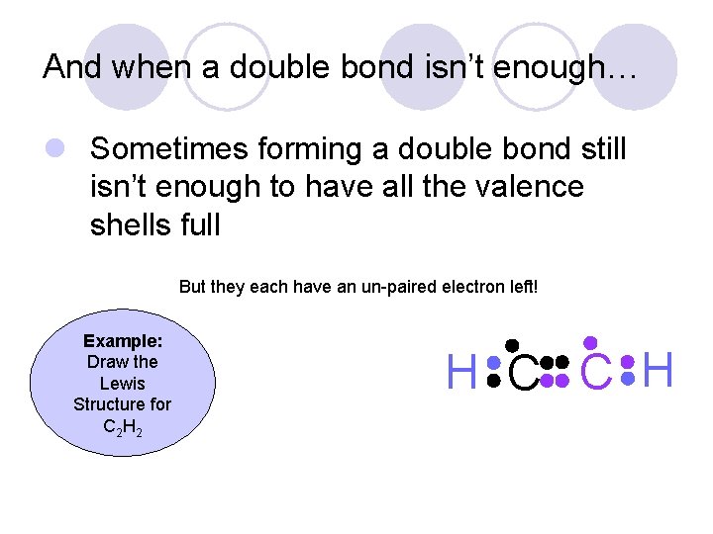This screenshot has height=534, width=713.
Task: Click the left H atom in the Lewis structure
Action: click(x=462, y=374)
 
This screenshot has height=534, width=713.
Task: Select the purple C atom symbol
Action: click(x=595, y=374)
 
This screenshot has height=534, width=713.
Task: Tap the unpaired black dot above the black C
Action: click(x=512, y=344)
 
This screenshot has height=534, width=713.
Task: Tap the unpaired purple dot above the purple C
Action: click(x=591, y=342)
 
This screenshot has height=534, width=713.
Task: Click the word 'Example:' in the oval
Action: click(x=123, y=340)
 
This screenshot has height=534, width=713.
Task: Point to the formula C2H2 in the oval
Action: click(x=122, y=426)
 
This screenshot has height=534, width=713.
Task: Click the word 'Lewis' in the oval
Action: click(x=123, y=383)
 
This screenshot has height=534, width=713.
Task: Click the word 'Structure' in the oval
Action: click(x=122, y=404)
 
